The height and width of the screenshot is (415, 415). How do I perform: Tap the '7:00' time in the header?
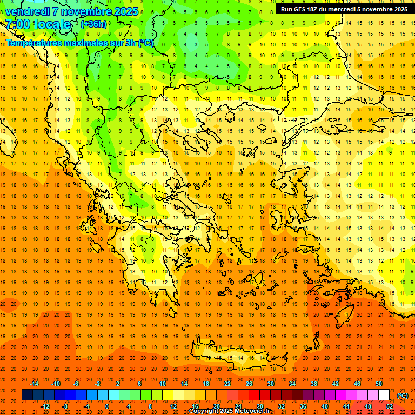tap(17, 24)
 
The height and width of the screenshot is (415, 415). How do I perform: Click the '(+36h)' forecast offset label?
tap(93, 24)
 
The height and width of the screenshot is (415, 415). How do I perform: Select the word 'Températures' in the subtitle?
tap(32, 43)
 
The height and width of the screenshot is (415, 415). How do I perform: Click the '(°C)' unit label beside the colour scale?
tap(403, 396)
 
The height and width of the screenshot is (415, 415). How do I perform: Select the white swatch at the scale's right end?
tap(384, 395)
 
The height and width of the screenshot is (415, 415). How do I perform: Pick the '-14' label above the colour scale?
tap(34, 384)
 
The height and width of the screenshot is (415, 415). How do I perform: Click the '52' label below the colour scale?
tap(390, 406)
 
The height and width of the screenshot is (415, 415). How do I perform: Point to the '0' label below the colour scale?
tap(107, 406)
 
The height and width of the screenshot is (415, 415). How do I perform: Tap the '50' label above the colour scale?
tap(378, 384)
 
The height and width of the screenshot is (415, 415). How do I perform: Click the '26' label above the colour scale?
tap(249, 384)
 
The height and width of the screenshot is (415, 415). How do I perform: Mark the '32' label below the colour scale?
tap(282, 406)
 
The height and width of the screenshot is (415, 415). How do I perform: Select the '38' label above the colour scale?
tap(314, 384)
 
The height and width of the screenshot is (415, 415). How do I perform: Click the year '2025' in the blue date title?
tap(123, 11)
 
